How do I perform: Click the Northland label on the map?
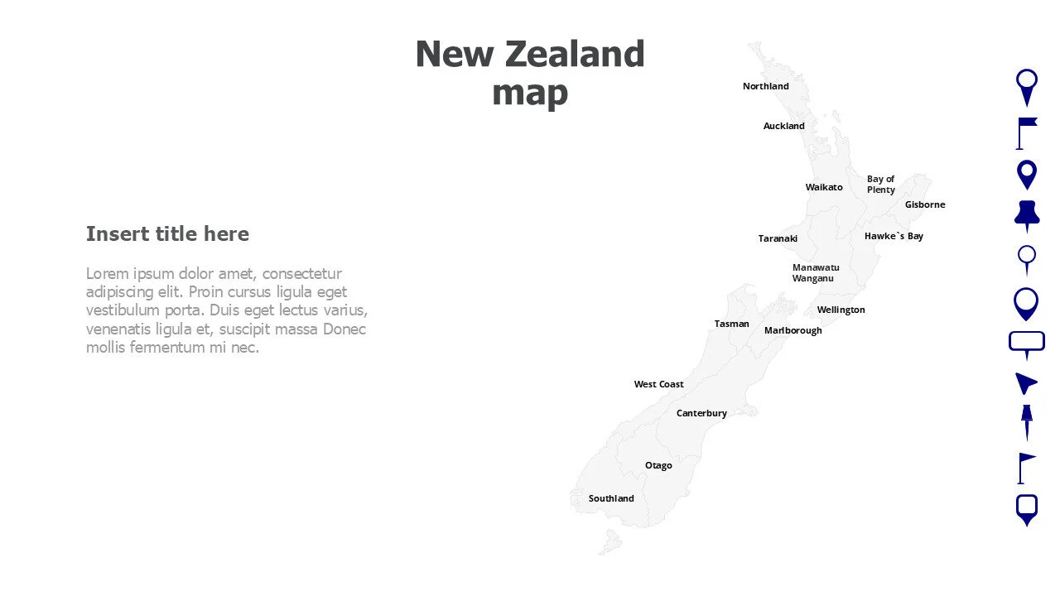[765, 86]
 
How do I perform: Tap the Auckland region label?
[783, 126]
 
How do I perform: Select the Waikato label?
[823, 187]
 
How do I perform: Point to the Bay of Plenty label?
[880, 184]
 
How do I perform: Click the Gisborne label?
[924, 204]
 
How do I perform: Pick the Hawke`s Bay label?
[894, 236]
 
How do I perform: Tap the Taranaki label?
[778, 238]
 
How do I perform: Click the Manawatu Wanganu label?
[815, 272]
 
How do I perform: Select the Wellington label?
[841, 310]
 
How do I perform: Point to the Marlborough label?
[793, 330]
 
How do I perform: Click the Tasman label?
[731, 324]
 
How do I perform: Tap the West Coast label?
[658, 384]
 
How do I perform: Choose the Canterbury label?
[701, 413]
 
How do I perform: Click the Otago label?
[658, 465]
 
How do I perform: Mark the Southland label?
[611, 498]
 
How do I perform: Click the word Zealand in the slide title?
[574, 55]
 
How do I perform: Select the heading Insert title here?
[167, 233]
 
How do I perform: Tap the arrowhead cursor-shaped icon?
[1025, 382]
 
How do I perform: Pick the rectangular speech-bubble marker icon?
[1026, 342]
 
